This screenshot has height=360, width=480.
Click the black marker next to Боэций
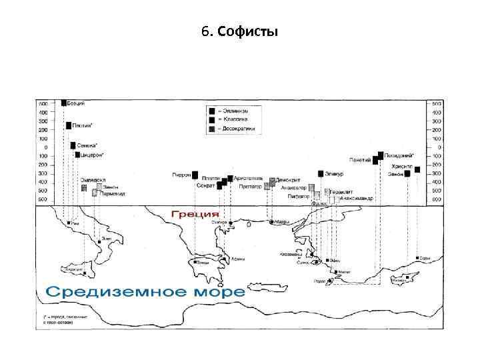(64, 103)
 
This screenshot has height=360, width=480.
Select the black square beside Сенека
(73, 145)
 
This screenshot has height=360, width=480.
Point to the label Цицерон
(91, 155)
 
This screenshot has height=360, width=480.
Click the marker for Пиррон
(195, 175)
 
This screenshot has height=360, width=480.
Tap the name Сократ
(205, 186)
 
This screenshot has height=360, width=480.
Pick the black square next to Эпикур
(321, 174)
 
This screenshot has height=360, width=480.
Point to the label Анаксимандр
(355, 198)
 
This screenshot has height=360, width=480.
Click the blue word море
(215, 292)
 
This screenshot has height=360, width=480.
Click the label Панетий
(359, 160)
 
